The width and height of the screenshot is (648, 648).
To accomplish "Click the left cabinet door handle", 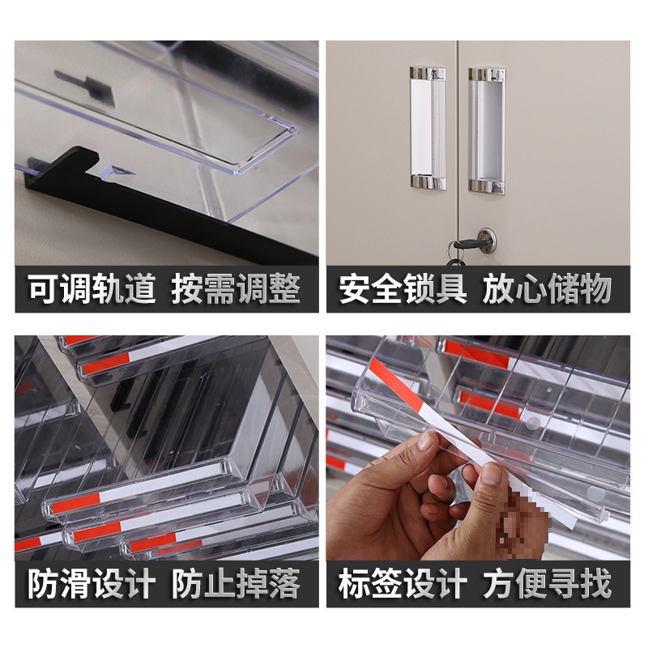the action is pos(428,129).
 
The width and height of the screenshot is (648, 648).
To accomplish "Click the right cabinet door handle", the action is pos(487,130).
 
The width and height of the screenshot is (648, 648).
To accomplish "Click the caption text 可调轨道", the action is pos(92,289).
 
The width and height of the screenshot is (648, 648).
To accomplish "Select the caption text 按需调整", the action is pos(236,289).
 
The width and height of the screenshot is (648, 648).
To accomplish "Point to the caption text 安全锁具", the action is pos(403,289).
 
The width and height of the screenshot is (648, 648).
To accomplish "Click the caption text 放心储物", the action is pos(547,289).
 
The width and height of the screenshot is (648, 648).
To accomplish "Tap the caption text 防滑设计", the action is pos(92,583).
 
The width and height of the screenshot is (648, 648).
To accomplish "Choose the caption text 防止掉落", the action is pos(236,583).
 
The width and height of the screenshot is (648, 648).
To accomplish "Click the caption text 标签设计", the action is pos(403,583).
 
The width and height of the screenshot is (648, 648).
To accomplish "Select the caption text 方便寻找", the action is pos(547,583).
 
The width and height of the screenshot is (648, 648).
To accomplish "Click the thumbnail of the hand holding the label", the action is pos(478,448).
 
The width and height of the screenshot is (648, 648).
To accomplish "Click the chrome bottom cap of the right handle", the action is pos(487,185).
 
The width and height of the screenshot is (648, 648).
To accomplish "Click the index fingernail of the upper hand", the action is pos(424,441).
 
